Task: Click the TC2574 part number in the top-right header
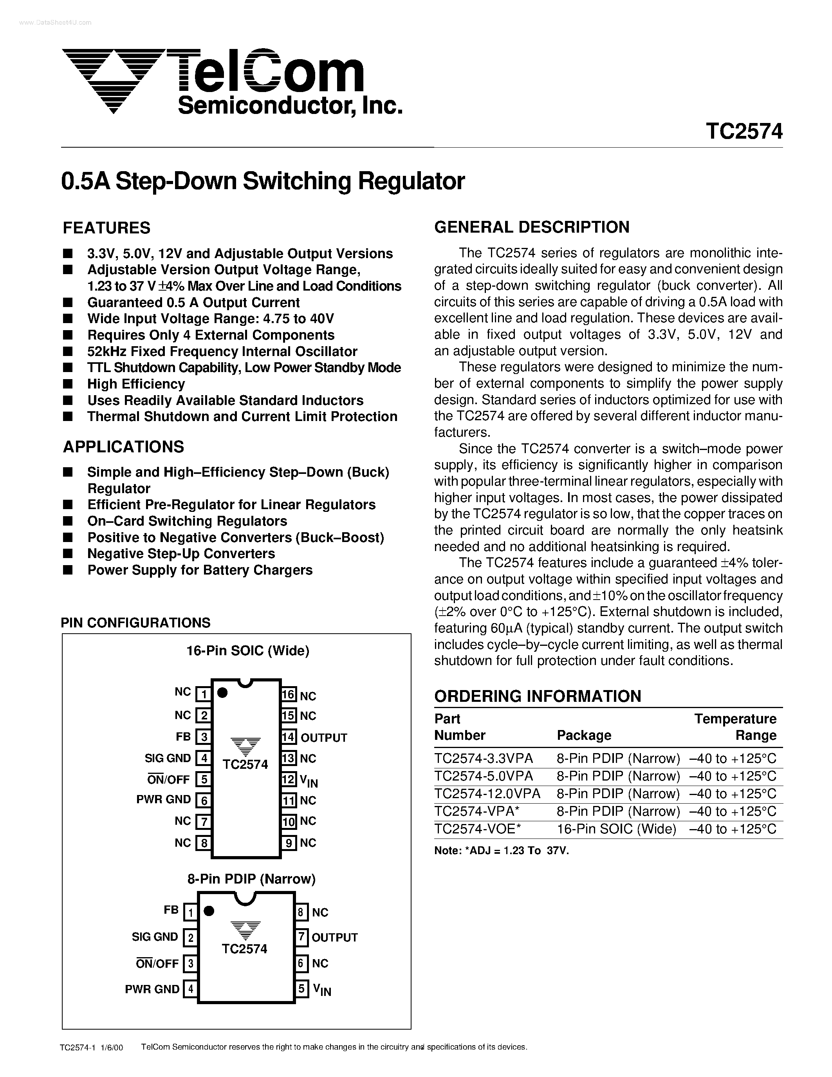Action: click(x=744, y=132)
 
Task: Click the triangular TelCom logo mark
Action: click(x=114, y=79)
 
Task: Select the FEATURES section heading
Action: click(x=106, y=228)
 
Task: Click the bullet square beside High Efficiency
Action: click(x=68, y=384)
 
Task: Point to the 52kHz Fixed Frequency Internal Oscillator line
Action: click(x=222, y=351)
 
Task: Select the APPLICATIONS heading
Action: click(x=123, y=447)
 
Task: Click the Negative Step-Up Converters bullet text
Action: click(x=181, y=553)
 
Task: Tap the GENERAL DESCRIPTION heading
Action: click(x=531, y=227)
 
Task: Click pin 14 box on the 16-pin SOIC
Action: click(x=289, y=737)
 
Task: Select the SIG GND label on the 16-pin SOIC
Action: click(x=168, y=758)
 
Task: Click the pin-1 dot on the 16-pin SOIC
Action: click(x=222, y=693)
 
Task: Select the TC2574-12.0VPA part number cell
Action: click(x=487, y=793)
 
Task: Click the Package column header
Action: click(x=584, y=735)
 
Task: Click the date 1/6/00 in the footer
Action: click(x=112, y=1057)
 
